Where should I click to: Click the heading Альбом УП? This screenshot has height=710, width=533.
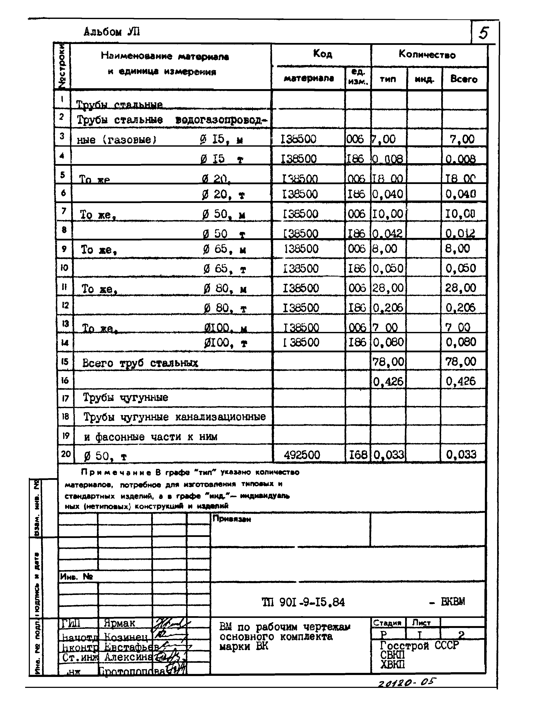pos(112,32)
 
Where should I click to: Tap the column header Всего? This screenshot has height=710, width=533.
pos(463,79)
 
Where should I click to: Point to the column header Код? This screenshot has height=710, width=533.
pos(322,54)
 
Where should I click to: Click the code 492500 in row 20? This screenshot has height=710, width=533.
pos(302,455)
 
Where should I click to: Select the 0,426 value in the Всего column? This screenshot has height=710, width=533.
pos(460,381)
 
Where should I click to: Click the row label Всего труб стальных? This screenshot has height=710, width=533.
pos(140,363)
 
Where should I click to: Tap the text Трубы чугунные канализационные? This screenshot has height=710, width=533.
pos(175,417)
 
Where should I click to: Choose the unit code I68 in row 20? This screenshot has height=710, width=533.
pos(358,455)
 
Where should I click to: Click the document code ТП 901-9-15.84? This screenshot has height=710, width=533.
pos(303,602)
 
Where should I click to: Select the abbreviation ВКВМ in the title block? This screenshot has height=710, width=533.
pos(453,602)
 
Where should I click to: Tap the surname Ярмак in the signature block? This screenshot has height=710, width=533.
pos(119,623)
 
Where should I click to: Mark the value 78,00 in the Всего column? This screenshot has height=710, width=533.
pos(460,362)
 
